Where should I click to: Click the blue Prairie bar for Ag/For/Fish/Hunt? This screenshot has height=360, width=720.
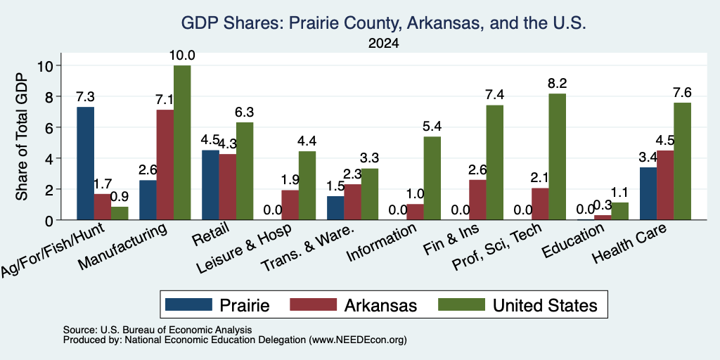(x=85, y=163)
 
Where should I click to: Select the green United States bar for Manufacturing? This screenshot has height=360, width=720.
(x=182, y=143)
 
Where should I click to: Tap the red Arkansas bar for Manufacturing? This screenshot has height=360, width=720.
(x=165, y=165)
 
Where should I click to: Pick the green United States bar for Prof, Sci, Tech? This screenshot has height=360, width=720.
(x=557, y=157)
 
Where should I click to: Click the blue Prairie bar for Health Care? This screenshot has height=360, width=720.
(x=648, y=194)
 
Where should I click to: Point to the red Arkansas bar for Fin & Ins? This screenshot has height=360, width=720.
(x=477, y=200)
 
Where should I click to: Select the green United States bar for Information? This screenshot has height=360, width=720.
(x=432, y=178)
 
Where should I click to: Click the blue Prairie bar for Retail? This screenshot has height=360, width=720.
(x=210, y=185)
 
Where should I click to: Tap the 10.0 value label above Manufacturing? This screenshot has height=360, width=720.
(x=182, y=56)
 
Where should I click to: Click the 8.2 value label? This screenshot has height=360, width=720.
(x=557, y=84)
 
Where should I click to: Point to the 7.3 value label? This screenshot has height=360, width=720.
(x=85, y=97)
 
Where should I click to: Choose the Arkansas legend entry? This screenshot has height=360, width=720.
(x=354, y=305)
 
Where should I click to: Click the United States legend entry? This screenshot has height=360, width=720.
(x=517, y=305)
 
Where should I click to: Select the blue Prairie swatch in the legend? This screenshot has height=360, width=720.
(x=188, y=304)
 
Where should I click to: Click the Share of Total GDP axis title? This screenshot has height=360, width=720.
(x=22, y=136)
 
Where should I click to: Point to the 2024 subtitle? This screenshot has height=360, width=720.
(x=383, y=44)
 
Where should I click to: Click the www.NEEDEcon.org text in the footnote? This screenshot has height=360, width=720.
(x=358, y=340)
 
